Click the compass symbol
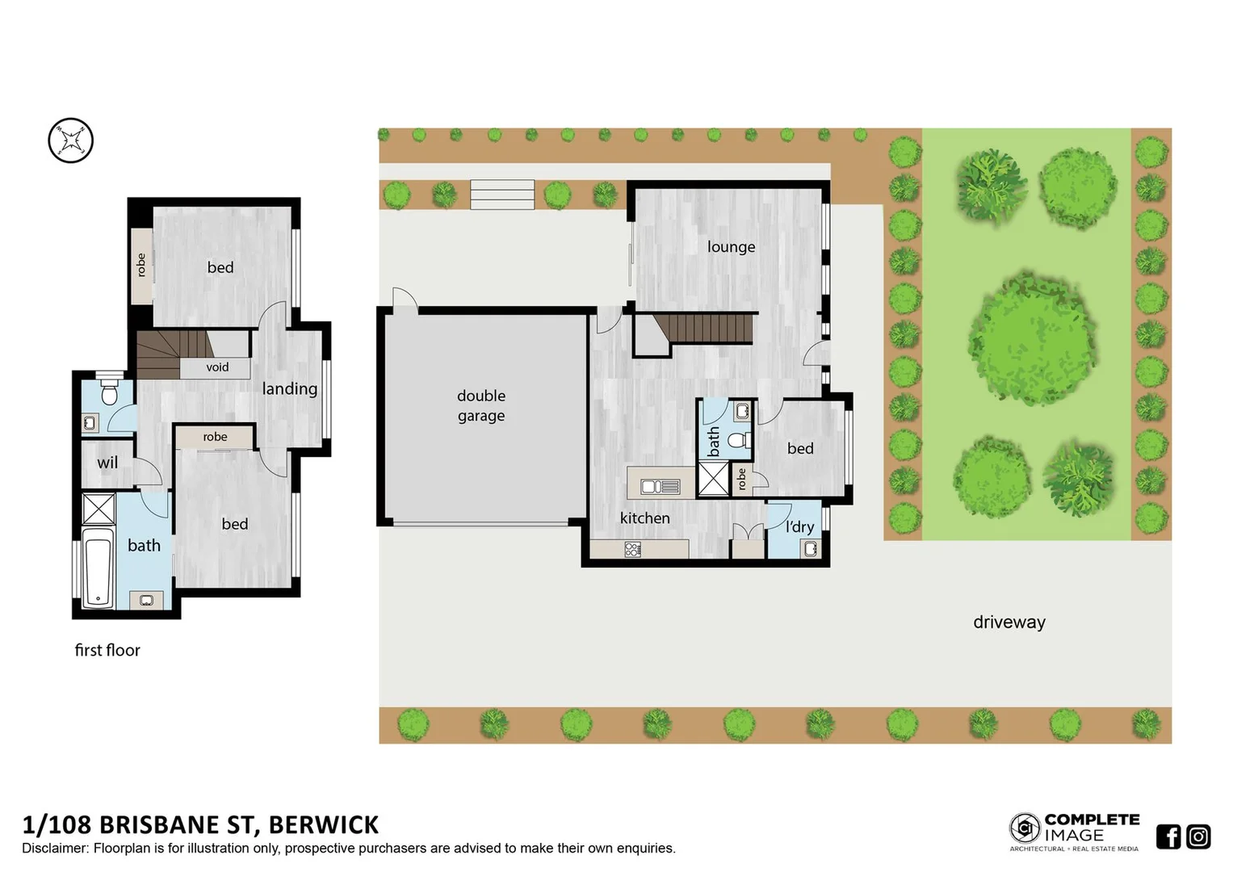point(71,140)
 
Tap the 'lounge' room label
point(731,247)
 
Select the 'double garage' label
point(481,405)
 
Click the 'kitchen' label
point(644,518)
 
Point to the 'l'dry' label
point(799,527)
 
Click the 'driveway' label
point(1009,623)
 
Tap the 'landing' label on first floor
point(289,389)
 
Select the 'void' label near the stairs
point(217,367)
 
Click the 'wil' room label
point(107,463)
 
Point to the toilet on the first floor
point(110,394)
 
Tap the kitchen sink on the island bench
point(660,486)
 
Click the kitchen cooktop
point(632,550)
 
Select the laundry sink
point(810,549)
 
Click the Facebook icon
point(1168,836)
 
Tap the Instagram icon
point(1198,836)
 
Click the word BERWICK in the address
point(323,825)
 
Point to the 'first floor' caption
point(107,651)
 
